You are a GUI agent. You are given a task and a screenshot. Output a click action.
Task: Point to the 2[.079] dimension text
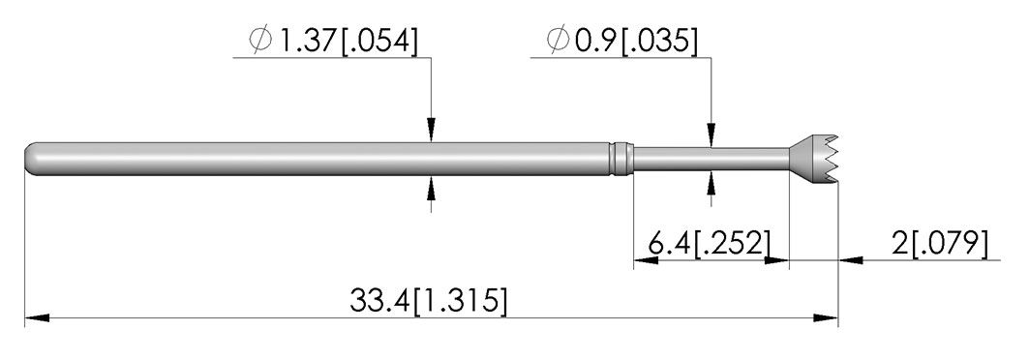[x=940, y=244]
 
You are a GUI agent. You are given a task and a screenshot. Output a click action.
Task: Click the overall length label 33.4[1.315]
[x=429, y=302]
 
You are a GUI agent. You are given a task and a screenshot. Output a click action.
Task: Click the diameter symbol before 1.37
[x=259, y=42]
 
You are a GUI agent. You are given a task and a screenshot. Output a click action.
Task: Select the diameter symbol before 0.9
[x=559, y=42]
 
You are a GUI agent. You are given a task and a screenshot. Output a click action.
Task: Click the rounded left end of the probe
[x=33, y=160]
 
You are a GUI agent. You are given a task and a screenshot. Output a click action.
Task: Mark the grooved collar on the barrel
[x=620, y=160]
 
